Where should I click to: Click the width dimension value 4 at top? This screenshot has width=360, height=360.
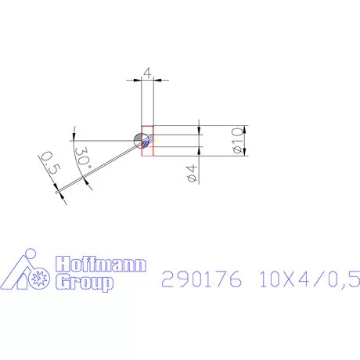point(148,74)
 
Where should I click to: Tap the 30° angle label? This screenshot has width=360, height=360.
point(85,157)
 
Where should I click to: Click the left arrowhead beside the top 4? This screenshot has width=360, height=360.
point(138,79)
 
